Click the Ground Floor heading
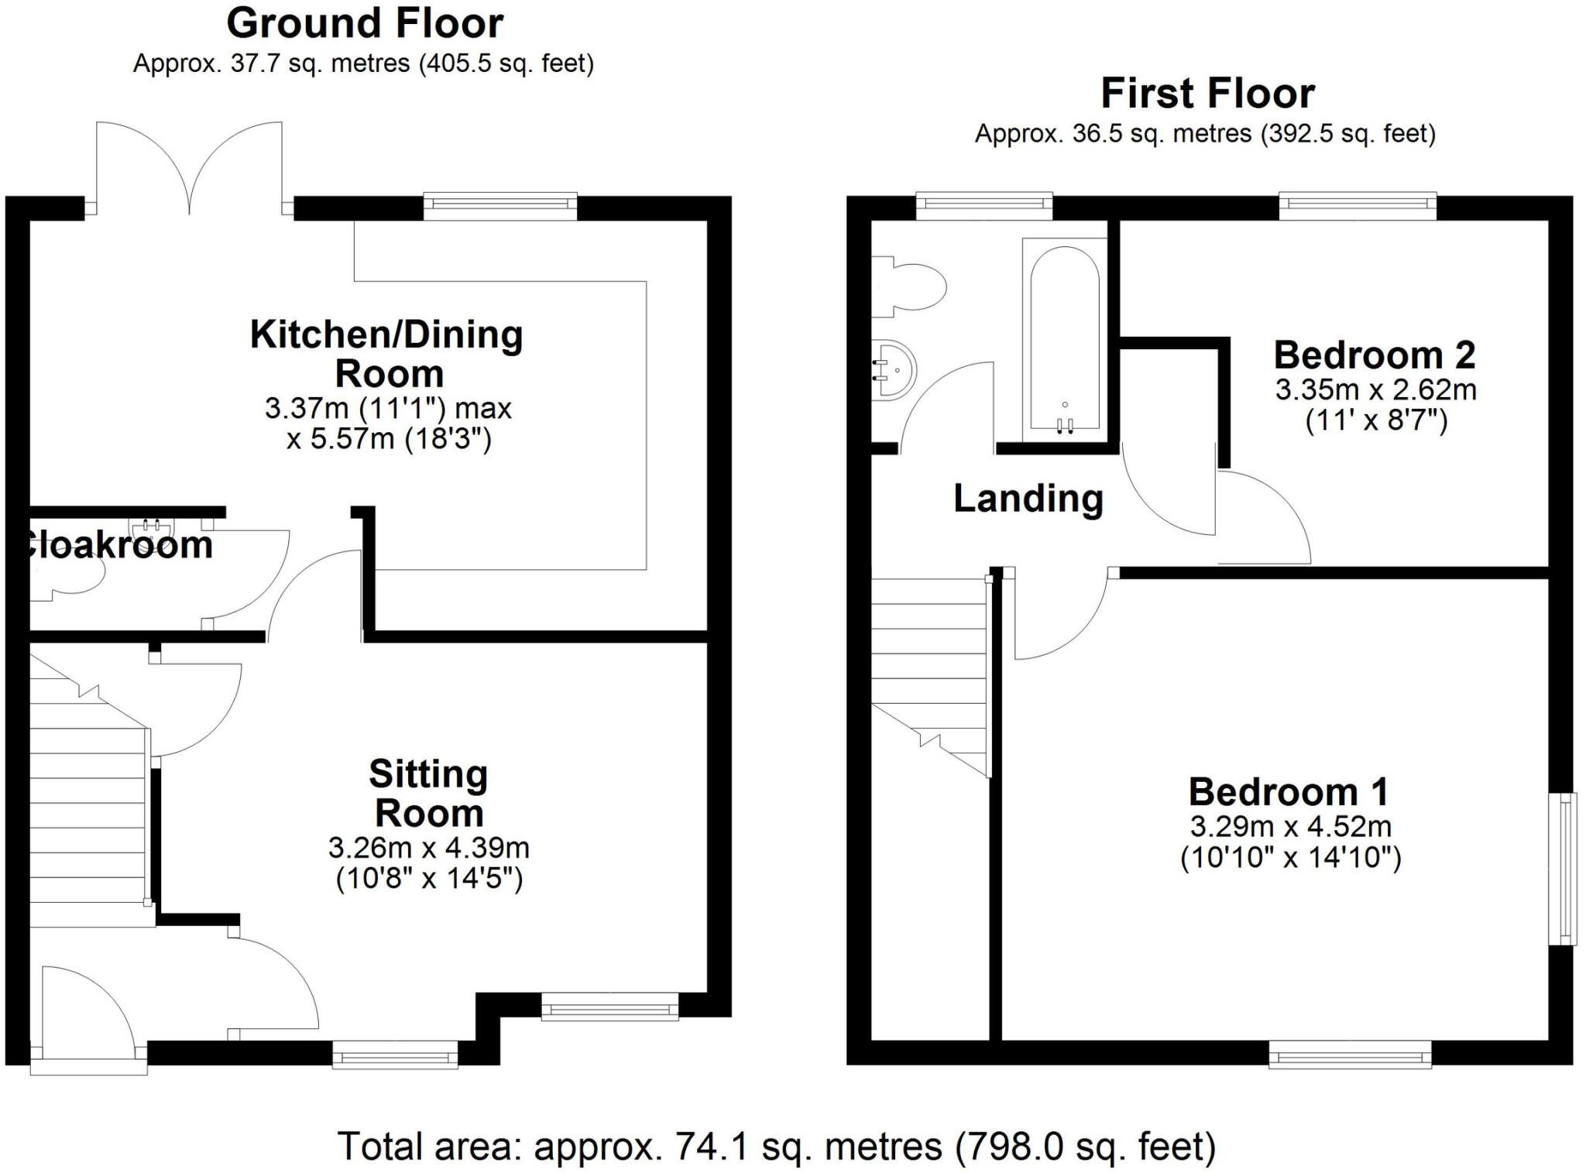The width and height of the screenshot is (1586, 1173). (364, 23)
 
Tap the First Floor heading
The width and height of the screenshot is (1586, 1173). (1207, 94)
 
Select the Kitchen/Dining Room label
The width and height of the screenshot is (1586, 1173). (387, 354)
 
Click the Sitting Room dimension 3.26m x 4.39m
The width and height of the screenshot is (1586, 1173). (428, 848)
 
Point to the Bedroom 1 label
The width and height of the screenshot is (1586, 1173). (1288, 791)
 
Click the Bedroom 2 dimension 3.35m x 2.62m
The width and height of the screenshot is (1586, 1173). (1375, 389)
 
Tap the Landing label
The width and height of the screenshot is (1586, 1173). (1028, 498)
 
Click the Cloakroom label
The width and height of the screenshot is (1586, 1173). (116, 545)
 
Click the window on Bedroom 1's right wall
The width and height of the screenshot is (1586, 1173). (1563, 869)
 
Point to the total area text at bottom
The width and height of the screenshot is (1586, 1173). (776, 1147)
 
